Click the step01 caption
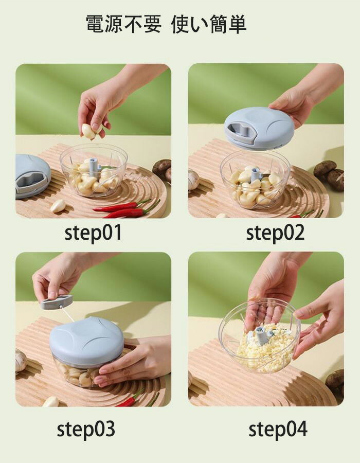93,233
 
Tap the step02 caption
275,233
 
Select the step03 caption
86,430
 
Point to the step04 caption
278,430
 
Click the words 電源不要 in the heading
123,24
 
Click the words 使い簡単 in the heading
209,24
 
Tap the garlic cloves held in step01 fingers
91,131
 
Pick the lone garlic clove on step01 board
58,205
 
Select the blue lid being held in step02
259,129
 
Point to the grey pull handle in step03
57,302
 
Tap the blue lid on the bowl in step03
86,342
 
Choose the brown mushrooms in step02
330,174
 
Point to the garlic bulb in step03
21,360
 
